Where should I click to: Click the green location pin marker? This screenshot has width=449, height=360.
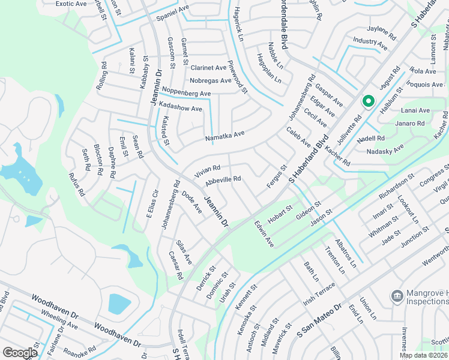[x=368, y=102]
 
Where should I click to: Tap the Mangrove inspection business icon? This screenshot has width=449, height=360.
[x=396, y=296]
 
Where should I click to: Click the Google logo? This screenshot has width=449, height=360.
[x=20, y=353]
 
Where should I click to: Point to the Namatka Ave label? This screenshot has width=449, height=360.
[x=225, y=136]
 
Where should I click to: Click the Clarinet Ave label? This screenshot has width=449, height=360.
[x=208, y=68]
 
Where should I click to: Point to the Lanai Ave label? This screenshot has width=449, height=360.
[x=415, y=110]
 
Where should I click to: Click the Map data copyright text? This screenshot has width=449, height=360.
[x=424, y=355]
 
